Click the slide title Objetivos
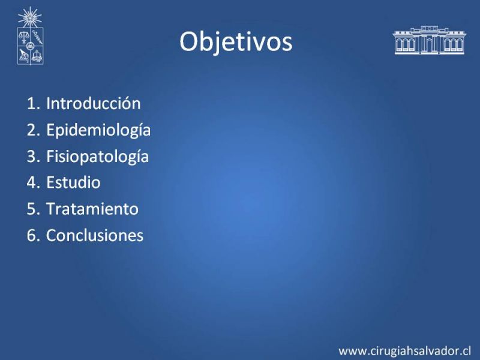236,41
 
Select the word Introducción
94,103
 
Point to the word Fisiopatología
97,157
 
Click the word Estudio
73,182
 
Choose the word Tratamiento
92,209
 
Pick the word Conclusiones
95,235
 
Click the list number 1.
33,103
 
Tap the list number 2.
33,130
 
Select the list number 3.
33,156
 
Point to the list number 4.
33,183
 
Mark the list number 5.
33,209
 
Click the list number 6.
33,235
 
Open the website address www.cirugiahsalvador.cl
404,351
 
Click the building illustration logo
429,40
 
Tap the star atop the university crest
29,17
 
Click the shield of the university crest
30,46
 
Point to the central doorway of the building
429,46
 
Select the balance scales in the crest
23,37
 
